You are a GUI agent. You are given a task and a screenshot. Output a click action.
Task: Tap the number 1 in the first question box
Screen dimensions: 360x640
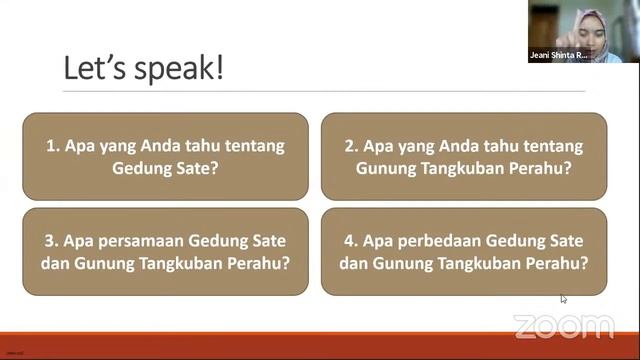pos(51,146)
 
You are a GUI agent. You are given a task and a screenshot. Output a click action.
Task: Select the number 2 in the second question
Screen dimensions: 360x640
pos(350,146)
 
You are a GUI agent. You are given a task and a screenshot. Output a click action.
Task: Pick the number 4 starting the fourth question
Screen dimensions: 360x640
pos(350,241)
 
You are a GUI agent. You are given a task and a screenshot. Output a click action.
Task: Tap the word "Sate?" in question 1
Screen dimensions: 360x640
pos(198,168)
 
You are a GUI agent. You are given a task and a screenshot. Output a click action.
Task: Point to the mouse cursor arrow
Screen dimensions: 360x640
pos(563,298)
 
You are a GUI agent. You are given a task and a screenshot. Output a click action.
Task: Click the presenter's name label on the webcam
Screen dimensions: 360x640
pos(560,56)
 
